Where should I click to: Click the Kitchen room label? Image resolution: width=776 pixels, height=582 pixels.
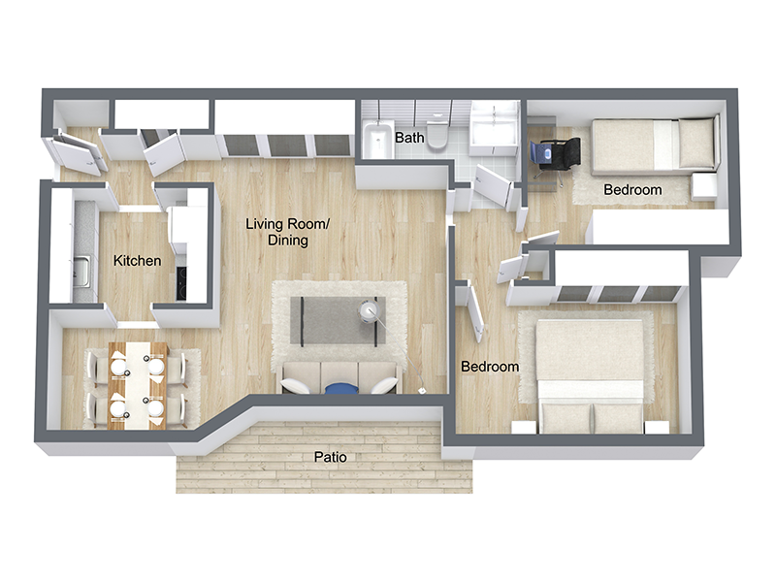pos(138,261)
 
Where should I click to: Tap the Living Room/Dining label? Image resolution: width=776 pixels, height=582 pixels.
pos(288,233)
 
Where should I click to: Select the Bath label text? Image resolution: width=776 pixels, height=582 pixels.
pos(409,139)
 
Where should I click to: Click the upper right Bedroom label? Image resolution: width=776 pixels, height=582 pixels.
pos(632,190)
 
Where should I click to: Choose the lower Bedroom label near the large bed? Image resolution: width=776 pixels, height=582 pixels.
pos(489,368)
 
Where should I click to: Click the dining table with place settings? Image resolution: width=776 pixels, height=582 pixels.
pos(138,383)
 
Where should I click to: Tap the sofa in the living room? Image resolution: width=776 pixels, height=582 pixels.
pos(339,377)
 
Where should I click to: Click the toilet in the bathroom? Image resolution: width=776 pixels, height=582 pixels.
pos(438,135)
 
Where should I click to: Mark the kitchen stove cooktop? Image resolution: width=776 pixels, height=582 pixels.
pos(182,280)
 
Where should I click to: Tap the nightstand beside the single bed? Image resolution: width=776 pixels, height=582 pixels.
pos(703,184)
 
